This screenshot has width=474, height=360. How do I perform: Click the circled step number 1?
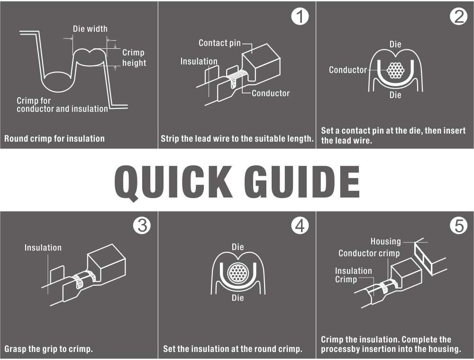tap(300, 16)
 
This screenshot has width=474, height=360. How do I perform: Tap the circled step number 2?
tap(458, 16)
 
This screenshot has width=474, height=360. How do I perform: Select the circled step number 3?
tap(142, 225)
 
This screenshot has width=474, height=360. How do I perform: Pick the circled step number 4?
tap(300, 225)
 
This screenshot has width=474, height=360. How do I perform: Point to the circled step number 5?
tap(458, 225)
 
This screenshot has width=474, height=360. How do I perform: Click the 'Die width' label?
tap(90, 29)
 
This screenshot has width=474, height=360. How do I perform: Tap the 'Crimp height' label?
tap(134, 58)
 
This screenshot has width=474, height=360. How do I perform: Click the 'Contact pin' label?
tap(220, 43)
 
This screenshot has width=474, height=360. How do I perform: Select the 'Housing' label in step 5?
tap(386, 242)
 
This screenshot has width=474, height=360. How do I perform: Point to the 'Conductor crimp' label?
tap(369, 253)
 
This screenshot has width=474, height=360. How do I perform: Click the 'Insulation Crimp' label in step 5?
tap(354, 275)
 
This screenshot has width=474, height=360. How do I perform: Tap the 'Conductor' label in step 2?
tap(348, 70)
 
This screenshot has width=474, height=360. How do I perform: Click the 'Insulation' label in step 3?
tap(43, 248)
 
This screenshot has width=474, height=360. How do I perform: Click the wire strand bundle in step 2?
tap(395, 71)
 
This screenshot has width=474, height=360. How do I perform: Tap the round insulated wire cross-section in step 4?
tap(238, 273)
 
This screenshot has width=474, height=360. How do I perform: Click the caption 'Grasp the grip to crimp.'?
tap(48, 349)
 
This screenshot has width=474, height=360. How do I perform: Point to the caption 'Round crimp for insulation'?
tap(55, 139)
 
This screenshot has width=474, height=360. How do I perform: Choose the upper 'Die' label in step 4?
tap(237, 247)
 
